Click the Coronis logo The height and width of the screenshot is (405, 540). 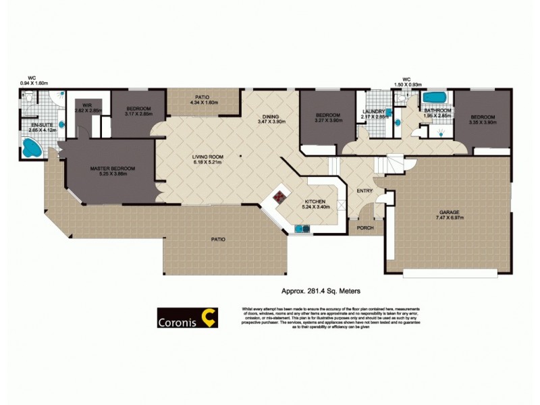(187, 317)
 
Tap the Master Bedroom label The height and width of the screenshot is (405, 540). (113, 168)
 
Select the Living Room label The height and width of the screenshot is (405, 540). (207, 157)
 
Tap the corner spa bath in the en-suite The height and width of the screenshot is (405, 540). (30, 148)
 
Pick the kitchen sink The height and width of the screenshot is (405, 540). (301, 229)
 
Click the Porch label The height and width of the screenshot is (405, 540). (365, 227)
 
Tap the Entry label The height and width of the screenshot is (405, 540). (364, 191)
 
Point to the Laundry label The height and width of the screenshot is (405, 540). (373, 111)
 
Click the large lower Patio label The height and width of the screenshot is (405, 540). (217, 240)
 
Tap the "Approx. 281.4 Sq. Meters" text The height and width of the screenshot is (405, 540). (320, 291)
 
